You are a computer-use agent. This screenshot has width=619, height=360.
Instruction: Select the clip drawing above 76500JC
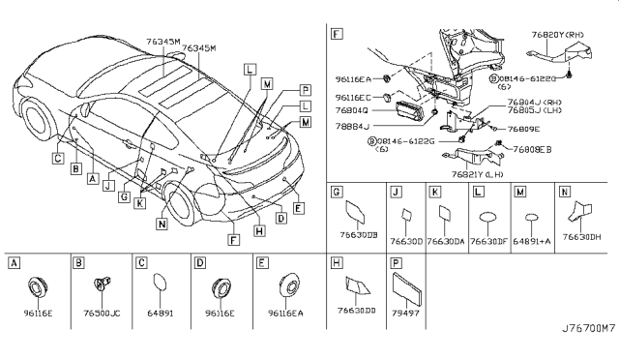[x=100, y=285]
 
